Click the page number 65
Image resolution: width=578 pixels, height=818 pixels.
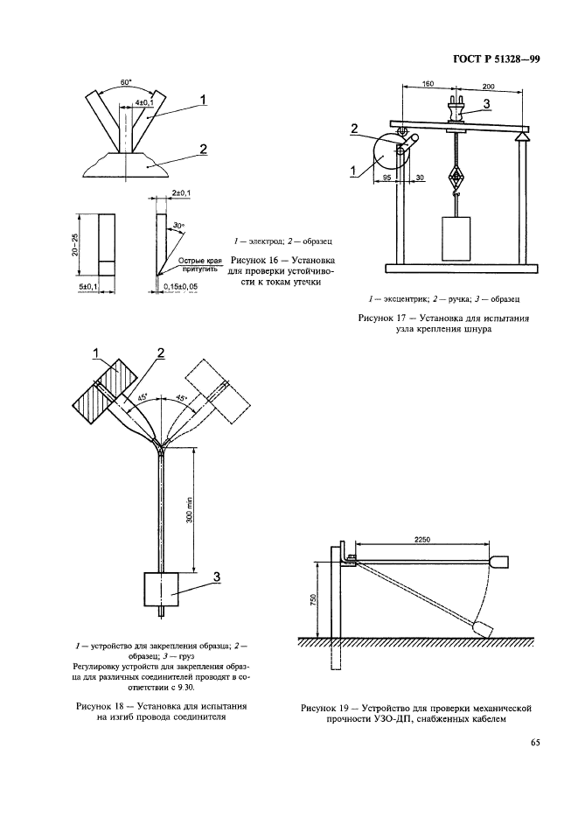coord(535,744)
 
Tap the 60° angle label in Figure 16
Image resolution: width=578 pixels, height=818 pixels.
coord(127,82)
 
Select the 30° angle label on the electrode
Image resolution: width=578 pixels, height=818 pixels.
coord(178,226)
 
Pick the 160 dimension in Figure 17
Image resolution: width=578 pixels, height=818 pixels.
coord(428,86)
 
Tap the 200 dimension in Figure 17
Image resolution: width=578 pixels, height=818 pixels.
coord(488,86)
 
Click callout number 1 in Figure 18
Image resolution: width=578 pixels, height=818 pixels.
coord(98,353)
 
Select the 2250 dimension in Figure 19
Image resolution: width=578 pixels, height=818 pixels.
coord(426,541)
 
